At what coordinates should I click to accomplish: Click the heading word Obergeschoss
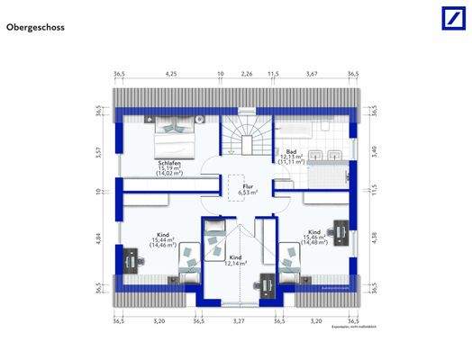36,28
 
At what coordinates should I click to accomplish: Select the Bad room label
291,151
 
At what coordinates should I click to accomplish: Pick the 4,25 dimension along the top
171,73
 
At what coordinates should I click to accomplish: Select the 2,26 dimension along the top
246,73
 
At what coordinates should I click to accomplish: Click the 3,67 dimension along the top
312,73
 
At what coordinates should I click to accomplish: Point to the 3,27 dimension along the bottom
239,319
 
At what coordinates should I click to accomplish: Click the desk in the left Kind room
131,261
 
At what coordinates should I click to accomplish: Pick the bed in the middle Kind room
217,241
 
